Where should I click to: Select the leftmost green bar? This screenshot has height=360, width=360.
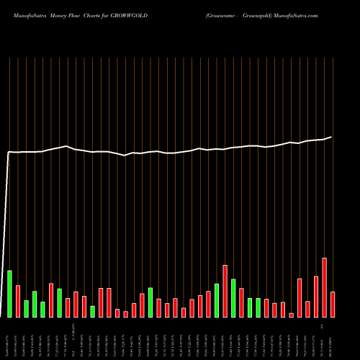(10, 294)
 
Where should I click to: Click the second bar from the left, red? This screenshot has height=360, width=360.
(18, 302)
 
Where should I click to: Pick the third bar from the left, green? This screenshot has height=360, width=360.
(27, 309)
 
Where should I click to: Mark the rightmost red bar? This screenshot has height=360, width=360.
(333, 305)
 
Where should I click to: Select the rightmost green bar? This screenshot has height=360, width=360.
(258, 308)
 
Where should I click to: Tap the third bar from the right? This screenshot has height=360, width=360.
(316, 297)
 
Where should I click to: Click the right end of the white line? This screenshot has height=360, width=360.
(332, 137)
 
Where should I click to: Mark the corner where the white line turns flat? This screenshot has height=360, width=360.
(9, 152)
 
